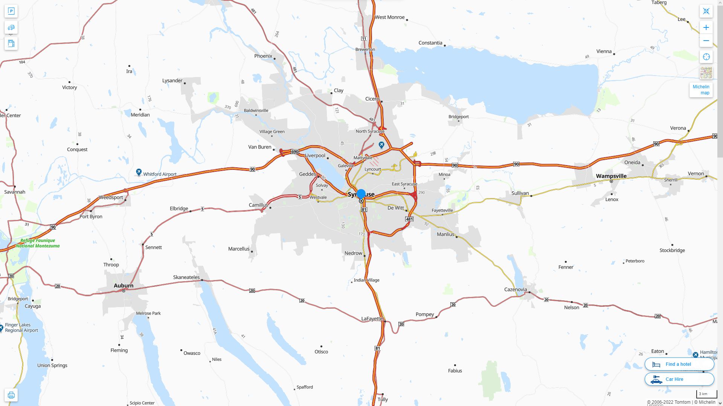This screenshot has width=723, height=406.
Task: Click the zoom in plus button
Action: [706, 27]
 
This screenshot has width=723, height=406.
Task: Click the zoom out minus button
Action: [706, 41]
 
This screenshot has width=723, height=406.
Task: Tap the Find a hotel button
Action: [679, 364]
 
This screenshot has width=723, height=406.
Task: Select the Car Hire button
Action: [679, 379]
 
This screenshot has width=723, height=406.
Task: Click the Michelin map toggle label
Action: [701, 90]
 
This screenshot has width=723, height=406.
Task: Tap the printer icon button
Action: [11, 395]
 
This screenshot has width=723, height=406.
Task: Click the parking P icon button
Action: [11, 11]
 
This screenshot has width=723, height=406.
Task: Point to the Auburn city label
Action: [124, 286]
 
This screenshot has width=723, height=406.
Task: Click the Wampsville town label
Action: [611, 176]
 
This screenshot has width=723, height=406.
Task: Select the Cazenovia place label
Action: [516, 289]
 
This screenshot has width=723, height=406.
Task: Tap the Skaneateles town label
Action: [186, 277]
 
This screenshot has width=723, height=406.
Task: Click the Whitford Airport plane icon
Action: [139, 172]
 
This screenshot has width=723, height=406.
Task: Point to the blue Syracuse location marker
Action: [361, 194]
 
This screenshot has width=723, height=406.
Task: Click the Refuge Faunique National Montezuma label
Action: [38, 243]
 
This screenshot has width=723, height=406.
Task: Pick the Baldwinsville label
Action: [256, 111]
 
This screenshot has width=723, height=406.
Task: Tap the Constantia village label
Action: [430, 43]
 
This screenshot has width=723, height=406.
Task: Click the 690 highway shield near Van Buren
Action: [294, 152]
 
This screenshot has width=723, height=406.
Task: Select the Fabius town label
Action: [455, 371]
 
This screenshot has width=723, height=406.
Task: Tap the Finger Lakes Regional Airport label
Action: [21, 328]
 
